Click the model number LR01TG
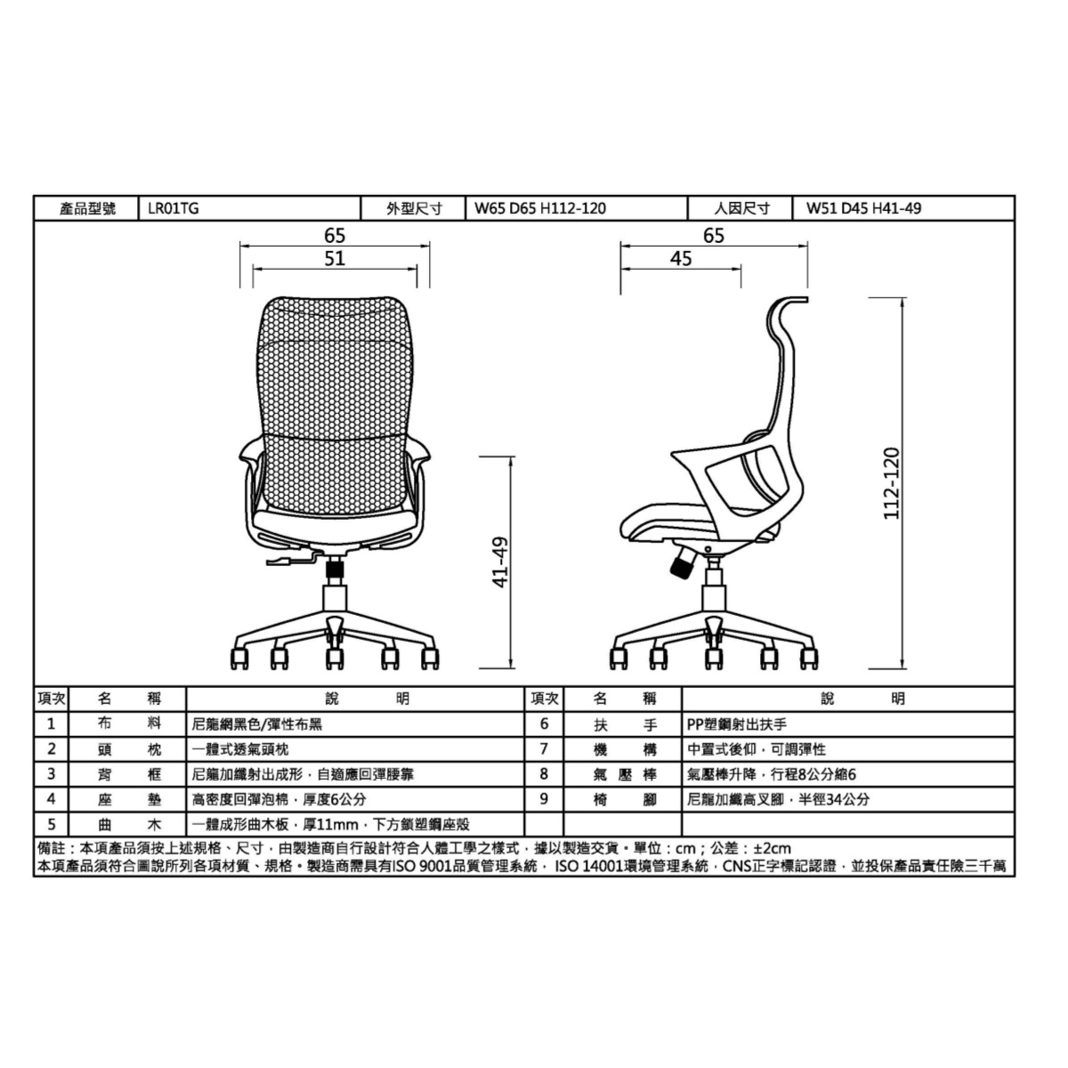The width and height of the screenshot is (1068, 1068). coord(173,208)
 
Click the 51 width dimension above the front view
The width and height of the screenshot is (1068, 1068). coord(335,259)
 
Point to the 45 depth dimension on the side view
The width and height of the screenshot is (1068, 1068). coord(681,259)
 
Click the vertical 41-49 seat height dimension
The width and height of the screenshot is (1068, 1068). coord(500,562)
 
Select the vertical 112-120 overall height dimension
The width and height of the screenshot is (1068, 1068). coord(891,483)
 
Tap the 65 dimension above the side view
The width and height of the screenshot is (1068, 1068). coord(713,236)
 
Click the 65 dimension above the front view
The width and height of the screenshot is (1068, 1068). coord(335,236)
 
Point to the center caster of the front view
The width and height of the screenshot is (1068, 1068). coord(335,658)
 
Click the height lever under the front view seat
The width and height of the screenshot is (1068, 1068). coord(291,561)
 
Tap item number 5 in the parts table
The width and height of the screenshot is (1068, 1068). coord(52,825)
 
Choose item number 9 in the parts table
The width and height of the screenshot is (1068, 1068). coord(544,799)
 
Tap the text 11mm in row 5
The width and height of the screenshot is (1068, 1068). coord(337,825)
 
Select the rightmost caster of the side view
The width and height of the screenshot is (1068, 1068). coord(809,658)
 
